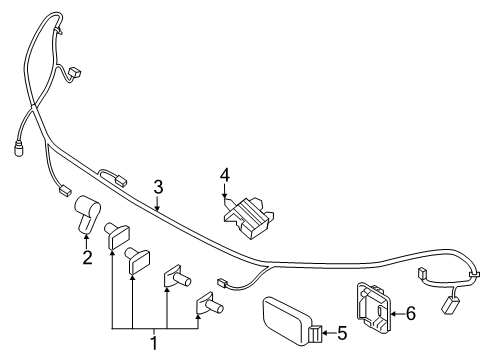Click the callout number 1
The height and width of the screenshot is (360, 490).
pos(154,342)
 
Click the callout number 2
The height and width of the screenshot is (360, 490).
pos(87,258)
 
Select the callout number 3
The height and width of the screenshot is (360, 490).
pos(158,186)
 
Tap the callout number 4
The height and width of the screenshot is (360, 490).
pos(225,175)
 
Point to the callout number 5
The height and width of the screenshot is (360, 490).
pos(342,334)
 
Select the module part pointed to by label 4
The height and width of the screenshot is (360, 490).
pos(249,214)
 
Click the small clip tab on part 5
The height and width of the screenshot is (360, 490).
pos(316,334)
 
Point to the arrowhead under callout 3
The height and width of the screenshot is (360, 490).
pos(158,206)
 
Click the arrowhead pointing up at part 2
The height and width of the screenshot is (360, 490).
pos(87,237)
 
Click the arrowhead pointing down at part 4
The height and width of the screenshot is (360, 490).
pos(225,195)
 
